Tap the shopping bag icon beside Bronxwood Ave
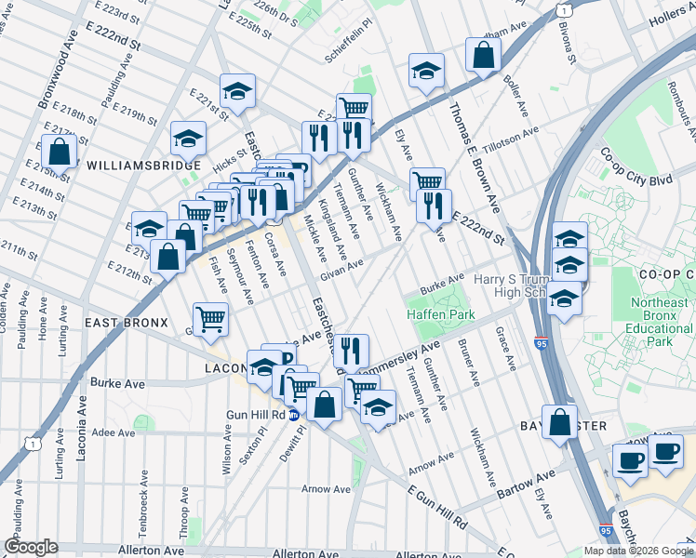59,153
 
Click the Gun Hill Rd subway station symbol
293,416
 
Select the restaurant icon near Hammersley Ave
350,351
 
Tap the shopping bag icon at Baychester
561,421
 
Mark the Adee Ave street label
114,432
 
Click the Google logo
31,547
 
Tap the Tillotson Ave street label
511,141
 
